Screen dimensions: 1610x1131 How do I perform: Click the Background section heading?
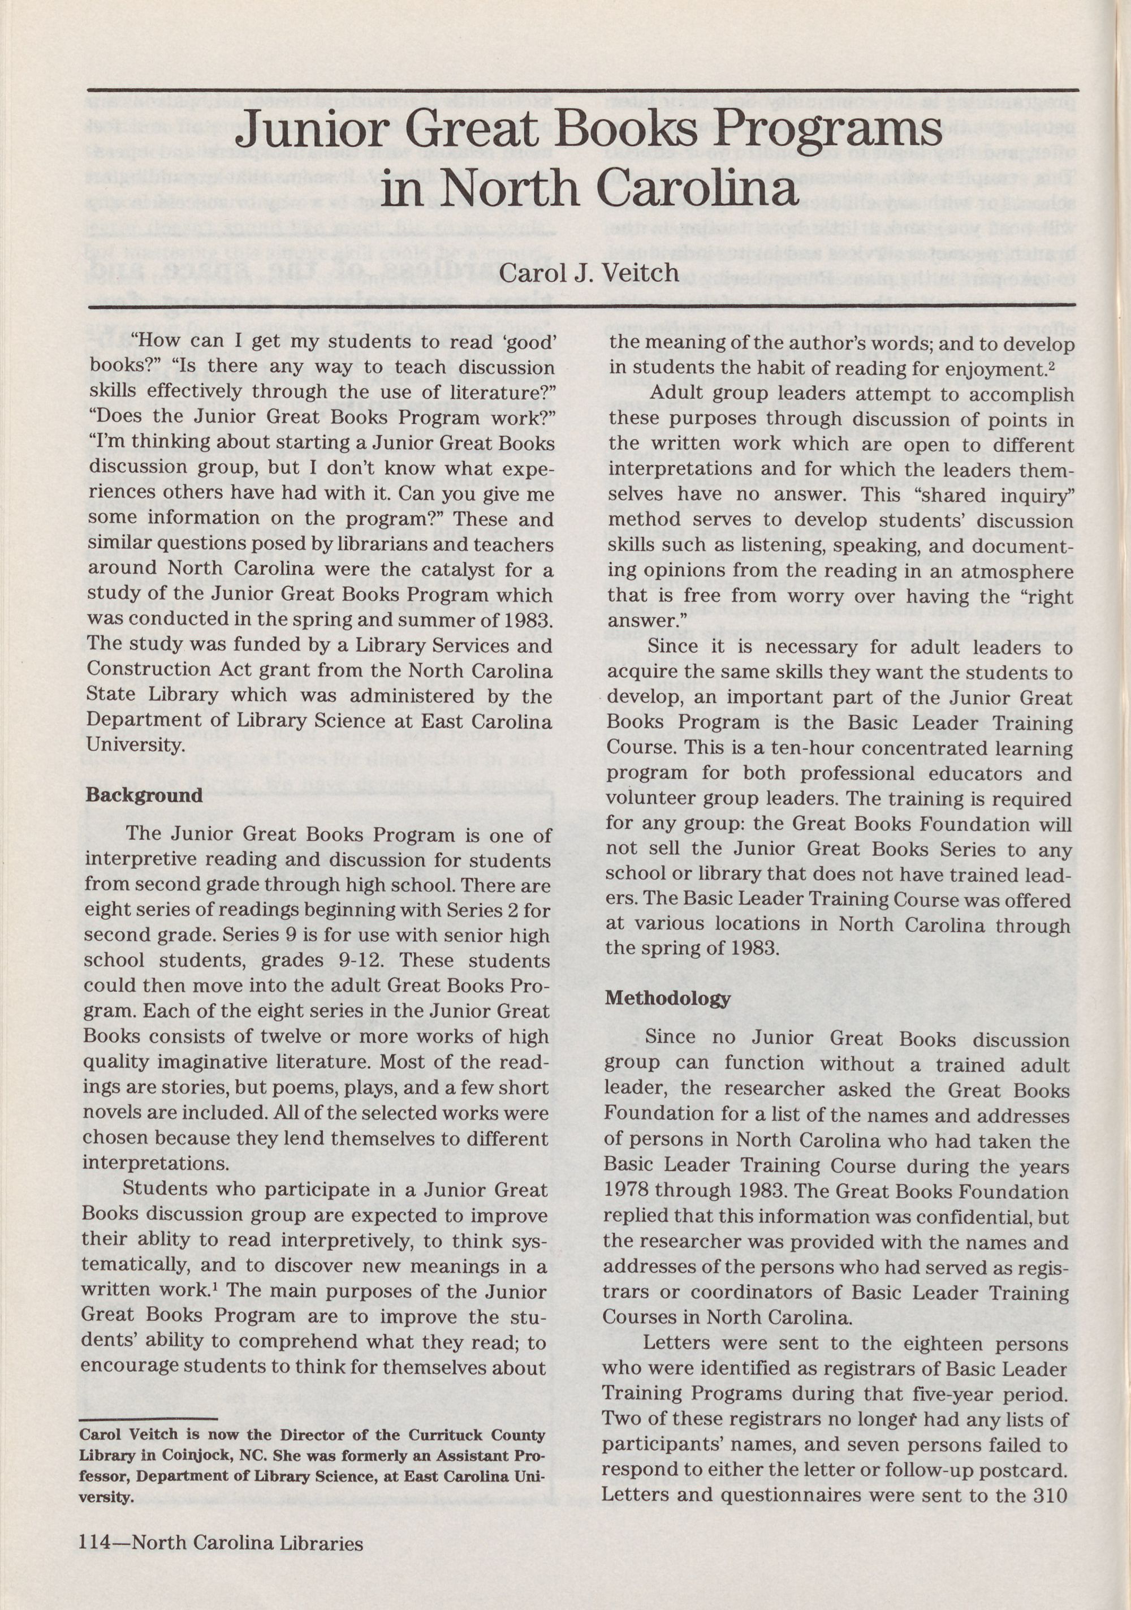point(143,796)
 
